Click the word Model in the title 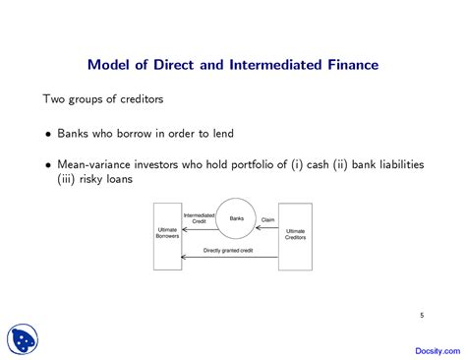(x=110, y=66)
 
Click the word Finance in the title (x=348, y=66)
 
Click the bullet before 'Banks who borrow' (x=49, y=133)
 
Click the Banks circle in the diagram (x=236, y=219)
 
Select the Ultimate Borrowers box (x=167, y=236)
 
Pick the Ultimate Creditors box (x=295, y=236)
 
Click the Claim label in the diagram (x=266, y=219)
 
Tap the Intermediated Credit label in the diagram (x=199, y=218)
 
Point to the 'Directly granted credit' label (x=228, y=250)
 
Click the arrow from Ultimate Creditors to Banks (x=266, y=227)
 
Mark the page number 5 (x=422, y=315)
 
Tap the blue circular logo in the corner (x=22, y=338)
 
